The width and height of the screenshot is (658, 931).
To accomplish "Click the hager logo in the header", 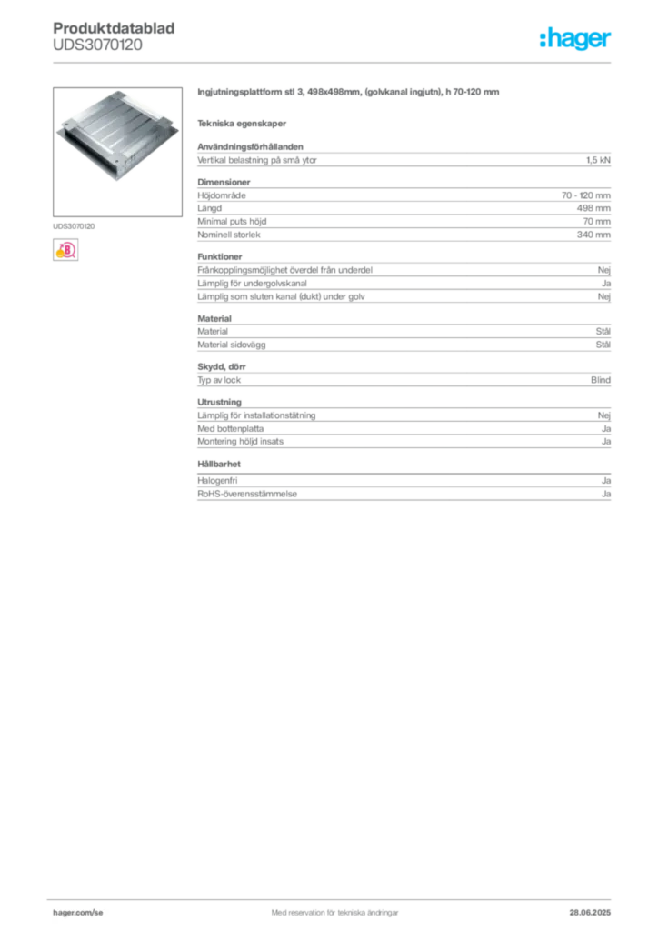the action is [x=575, y=39].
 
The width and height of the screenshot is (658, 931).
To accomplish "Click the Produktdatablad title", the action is [x=114, y=28].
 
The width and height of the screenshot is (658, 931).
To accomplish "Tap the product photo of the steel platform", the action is [x=117, y=152].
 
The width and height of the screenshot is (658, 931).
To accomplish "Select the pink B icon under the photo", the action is [x=65, y=250].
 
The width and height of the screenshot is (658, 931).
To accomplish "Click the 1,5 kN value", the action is [x=598, y=160].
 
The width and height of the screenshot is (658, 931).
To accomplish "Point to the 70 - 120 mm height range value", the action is [x=585, y=195].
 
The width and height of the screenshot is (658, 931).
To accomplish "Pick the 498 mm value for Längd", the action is [x=593, y=208].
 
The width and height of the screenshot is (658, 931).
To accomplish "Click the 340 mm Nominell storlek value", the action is [x=593, y=235].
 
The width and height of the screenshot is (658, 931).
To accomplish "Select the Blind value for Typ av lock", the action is [x=601, y=380].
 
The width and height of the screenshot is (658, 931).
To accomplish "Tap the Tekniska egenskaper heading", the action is [x=242, y=124].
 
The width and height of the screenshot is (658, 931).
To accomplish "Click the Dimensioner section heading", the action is [x=224, y=182].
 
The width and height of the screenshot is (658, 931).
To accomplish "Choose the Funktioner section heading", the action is [x=220, y=257].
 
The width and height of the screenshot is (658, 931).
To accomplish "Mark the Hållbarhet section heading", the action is [x=219, y=465].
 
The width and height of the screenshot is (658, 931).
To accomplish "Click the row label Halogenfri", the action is [x=217, y=481].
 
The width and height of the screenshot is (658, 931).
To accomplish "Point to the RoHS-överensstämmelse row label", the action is [x=247, y=494].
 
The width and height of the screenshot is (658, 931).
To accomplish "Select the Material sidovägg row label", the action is [x=232, y=345].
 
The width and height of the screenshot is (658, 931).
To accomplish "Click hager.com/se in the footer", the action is [x=78, y=913].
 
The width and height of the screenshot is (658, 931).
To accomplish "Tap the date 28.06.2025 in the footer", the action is [x=590, y=913].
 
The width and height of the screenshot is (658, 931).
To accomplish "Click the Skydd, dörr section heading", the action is [x=222, y=367].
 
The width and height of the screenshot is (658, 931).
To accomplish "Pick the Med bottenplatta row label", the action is [x=230, y=429].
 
